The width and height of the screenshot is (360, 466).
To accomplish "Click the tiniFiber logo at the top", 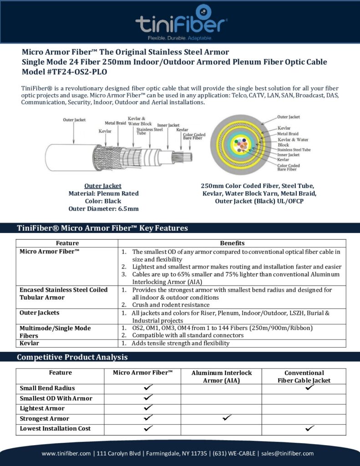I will pyautogui.click(x=181, y=21).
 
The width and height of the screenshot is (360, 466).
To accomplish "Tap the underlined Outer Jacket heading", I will pyautogui.click(x=103, y=186).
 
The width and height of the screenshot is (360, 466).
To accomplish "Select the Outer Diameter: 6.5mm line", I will pyautogui.click(x=103, y=209).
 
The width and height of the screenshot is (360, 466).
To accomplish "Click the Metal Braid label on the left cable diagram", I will pyautogui.click(x=115, y=123).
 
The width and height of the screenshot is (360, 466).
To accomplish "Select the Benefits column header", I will pyautogui.click(x=232, y=243).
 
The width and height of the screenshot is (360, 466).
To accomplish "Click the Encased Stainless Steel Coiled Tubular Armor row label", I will pyautogui.click(x=64, y=294).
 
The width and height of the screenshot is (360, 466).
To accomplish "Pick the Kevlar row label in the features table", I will pyautogui.click(x=29, y=343).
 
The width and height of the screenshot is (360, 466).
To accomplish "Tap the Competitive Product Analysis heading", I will pyautogui.click(x=72, y=357).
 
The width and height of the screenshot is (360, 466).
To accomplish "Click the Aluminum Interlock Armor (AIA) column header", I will pyautogui.click(x=221, y=376).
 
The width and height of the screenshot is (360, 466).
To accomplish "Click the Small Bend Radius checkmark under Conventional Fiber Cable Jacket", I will pyautogui.click(x=310, y=387).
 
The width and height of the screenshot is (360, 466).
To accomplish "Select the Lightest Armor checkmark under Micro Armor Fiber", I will pyautogui.click(x=147, y=407).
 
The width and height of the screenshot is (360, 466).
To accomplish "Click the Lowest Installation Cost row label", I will pyautogui.click(x=55, y=428).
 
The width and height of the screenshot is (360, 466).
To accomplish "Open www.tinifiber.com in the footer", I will pyautogui.click(x=66, y=453).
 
